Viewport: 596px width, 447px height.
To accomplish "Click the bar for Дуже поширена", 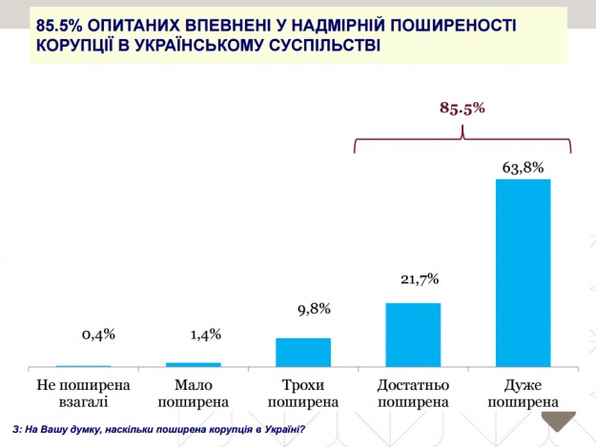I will (x=524, y=273).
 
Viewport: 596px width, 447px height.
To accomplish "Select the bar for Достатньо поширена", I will (x=413, y=335).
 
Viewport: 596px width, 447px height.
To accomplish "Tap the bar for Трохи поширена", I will (x=303, y=353).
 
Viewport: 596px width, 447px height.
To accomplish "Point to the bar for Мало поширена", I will (x=194, y=364).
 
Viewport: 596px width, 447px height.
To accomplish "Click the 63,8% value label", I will (x=524, y=168).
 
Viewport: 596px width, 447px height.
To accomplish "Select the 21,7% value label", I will (x=413, y=278).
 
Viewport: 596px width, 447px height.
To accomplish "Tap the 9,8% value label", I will (x=303, y=308).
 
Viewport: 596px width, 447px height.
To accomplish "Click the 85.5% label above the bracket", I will (x=463, y=109).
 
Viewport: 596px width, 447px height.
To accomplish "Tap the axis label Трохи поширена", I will (x=303, y=394).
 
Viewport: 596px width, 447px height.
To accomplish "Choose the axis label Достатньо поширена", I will (x=413, y=394).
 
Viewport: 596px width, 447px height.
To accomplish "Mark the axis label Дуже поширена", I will (x=524, y=394).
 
